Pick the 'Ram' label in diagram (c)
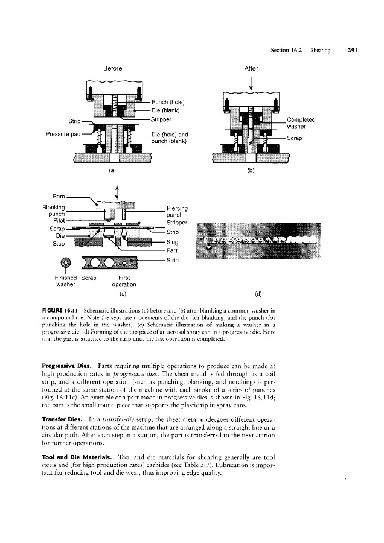(59, 197)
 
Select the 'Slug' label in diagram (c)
(172, 242)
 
